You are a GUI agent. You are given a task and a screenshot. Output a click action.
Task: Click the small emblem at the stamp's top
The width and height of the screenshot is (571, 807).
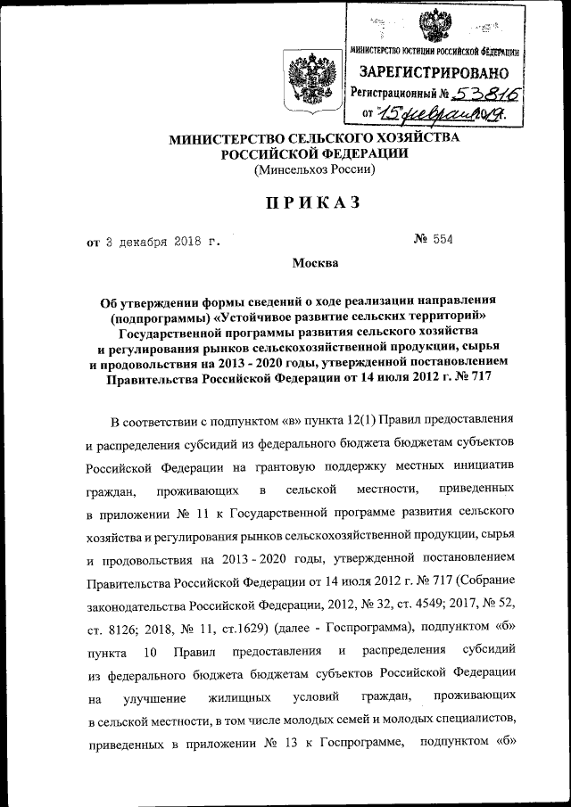tap(434, 22)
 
